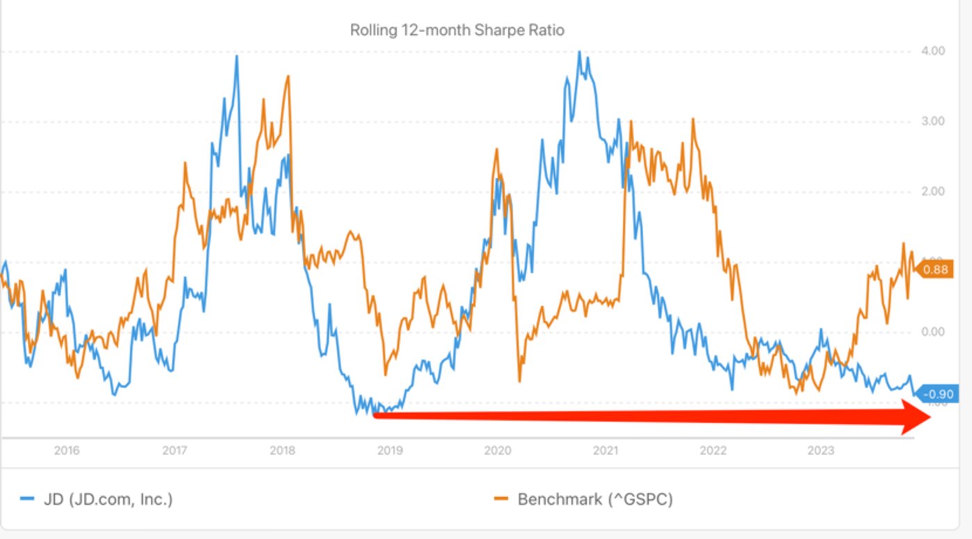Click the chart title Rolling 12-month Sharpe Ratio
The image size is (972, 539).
pos(457,31)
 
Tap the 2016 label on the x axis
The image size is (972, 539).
pos(67,451)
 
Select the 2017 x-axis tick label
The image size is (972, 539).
pos(175,451)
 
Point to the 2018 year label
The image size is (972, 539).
pos(282,451)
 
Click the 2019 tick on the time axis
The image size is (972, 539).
pos(389,451)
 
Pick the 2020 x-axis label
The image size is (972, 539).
pos(497,451)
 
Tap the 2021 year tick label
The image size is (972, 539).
pos(605,451)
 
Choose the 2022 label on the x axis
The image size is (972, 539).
pos(713,451)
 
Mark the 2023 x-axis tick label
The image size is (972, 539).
pos(820,451)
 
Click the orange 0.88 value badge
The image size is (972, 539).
pos(935,270)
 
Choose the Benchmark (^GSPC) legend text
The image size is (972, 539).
pos(595,499)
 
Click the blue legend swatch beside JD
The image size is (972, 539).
pos(26,499)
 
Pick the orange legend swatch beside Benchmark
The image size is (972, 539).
pos(501,499)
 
